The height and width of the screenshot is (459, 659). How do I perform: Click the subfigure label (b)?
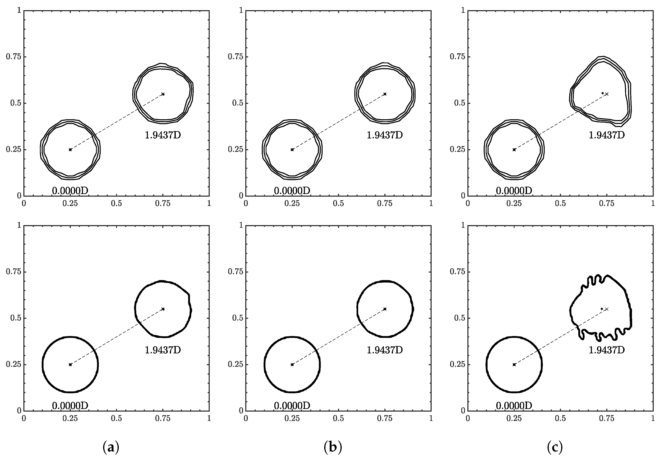click(x=333, y=447)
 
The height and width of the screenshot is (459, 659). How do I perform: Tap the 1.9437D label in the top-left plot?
click(x=163, y=135)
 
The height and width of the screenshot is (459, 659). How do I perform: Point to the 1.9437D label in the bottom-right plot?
click(x=607, y=350)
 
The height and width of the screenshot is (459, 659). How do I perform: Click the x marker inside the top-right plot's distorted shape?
click(x=607, y=94)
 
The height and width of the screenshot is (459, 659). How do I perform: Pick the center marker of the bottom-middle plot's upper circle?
click(x=385, y=309)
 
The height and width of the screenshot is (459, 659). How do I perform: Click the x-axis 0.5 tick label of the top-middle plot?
click(x=338, y=204)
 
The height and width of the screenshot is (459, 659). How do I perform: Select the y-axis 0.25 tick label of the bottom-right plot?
click(x=457, y=365)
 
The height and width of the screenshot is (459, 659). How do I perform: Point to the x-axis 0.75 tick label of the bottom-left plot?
click(x=163, y=418)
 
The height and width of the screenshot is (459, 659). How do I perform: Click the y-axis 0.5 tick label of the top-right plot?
click(x=460, y=103)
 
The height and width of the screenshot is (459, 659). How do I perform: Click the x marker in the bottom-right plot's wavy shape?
click(x=607, y=309)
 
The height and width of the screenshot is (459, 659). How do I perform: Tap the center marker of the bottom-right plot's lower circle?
click(x=514, y=365)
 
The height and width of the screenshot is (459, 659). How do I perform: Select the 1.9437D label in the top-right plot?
click(x=607, y=135)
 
